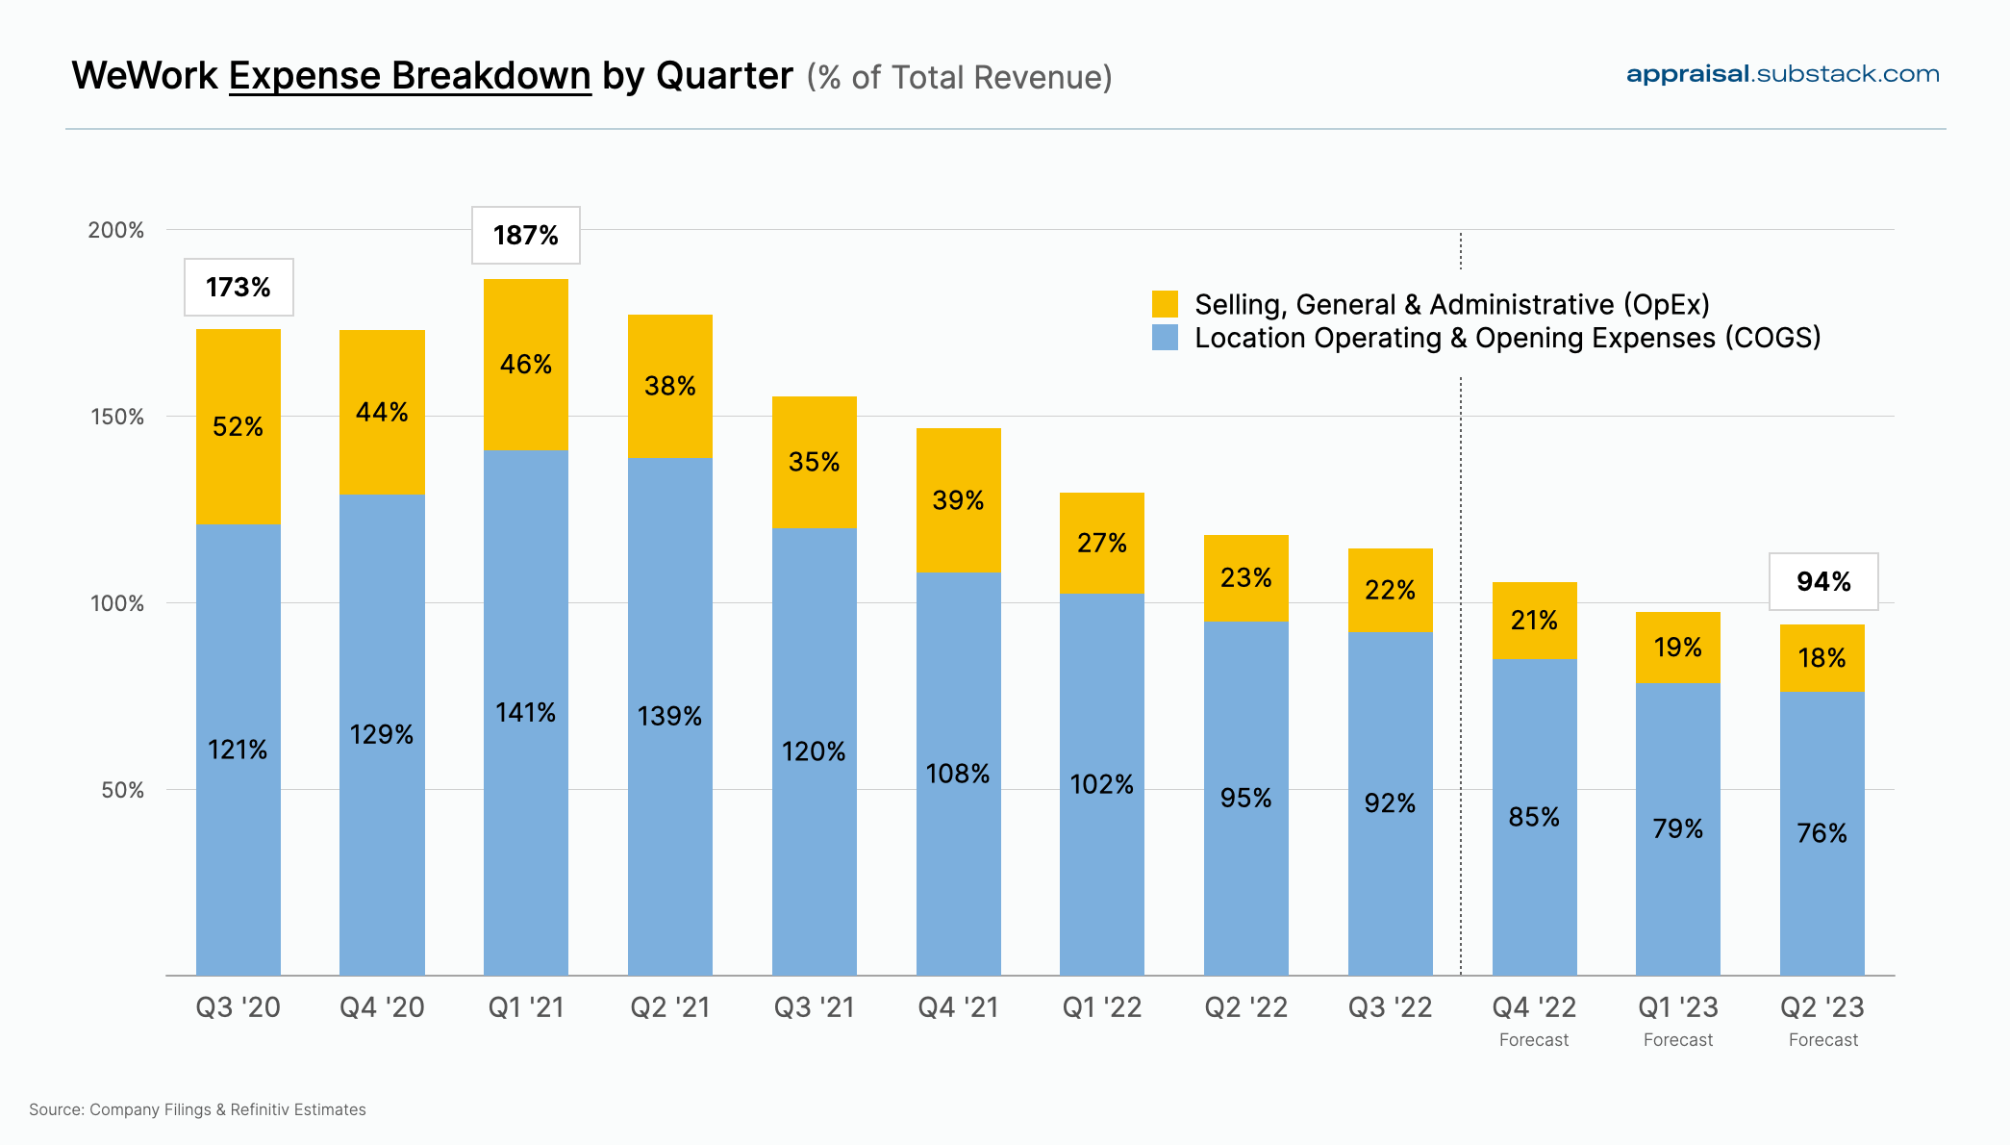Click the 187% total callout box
pyautogui.click(x=525, y=235)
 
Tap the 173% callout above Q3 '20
pyautogui.click(x=239, y=287)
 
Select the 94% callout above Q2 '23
pyautogui.click(x=1822, y=581)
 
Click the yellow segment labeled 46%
pyautogui.click(x=525, y=364)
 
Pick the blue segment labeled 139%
pyautogui.click(x=669, y=716)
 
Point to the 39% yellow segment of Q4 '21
pyautogui.click(x=958, y=500)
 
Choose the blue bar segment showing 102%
pyautogui.click(x=1101, y=783)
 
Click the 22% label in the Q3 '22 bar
pyautogui.click(x=1390, y=590)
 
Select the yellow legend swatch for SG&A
pyautogui.click(x=1165, y=304)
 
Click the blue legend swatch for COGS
pyautogui.click(x=1165, y=338)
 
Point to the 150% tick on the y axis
pyautogui.click(x=116, y=417)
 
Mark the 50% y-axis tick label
pyautogui.click(x=122, y=790)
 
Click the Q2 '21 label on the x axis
pyautogui.click(x=669, y=1007)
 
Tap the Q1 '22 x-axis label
pyautogui.click(x=1101, y=1007)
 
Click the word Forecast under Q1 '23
pyautogui.click(x=1677, y=1040)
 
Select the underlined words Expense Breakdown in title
pyautogui.click(x=410, y=76)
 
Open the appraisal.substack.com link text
pyautogui.click(x=1782, y=74)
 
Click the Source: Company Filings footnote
pyautogui.click(x=197, y=1109)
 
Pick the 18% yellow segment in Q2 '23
pyautogui.click(x=1822, y=658)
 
